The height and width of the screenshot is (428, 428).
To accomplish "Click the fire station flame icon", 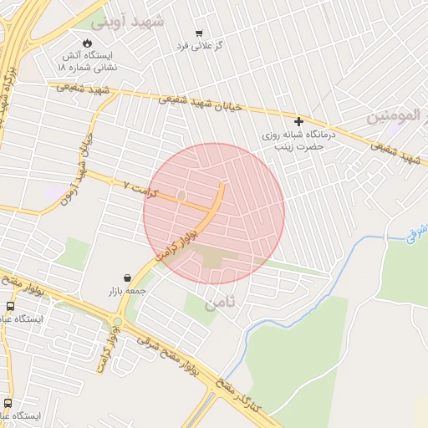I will click(88, 43).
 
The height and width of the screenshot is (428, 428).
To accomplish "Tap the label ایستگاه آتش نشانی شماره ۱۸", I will click(88, 60).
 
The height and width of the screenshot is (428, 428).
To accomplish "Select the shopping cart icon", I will click(198, 33).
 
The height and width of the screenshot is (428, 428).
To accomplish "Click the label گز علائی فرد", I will click(198, 47).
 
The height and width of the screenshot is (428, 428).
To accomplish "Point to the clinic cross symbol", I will click(298, 121).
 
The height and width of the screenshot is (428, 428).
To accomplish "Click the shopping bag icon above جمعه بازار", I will click(127, 278).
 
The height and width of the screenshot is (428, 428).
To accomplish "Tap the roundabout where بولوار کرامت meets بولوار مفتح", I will click(117, 320).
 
